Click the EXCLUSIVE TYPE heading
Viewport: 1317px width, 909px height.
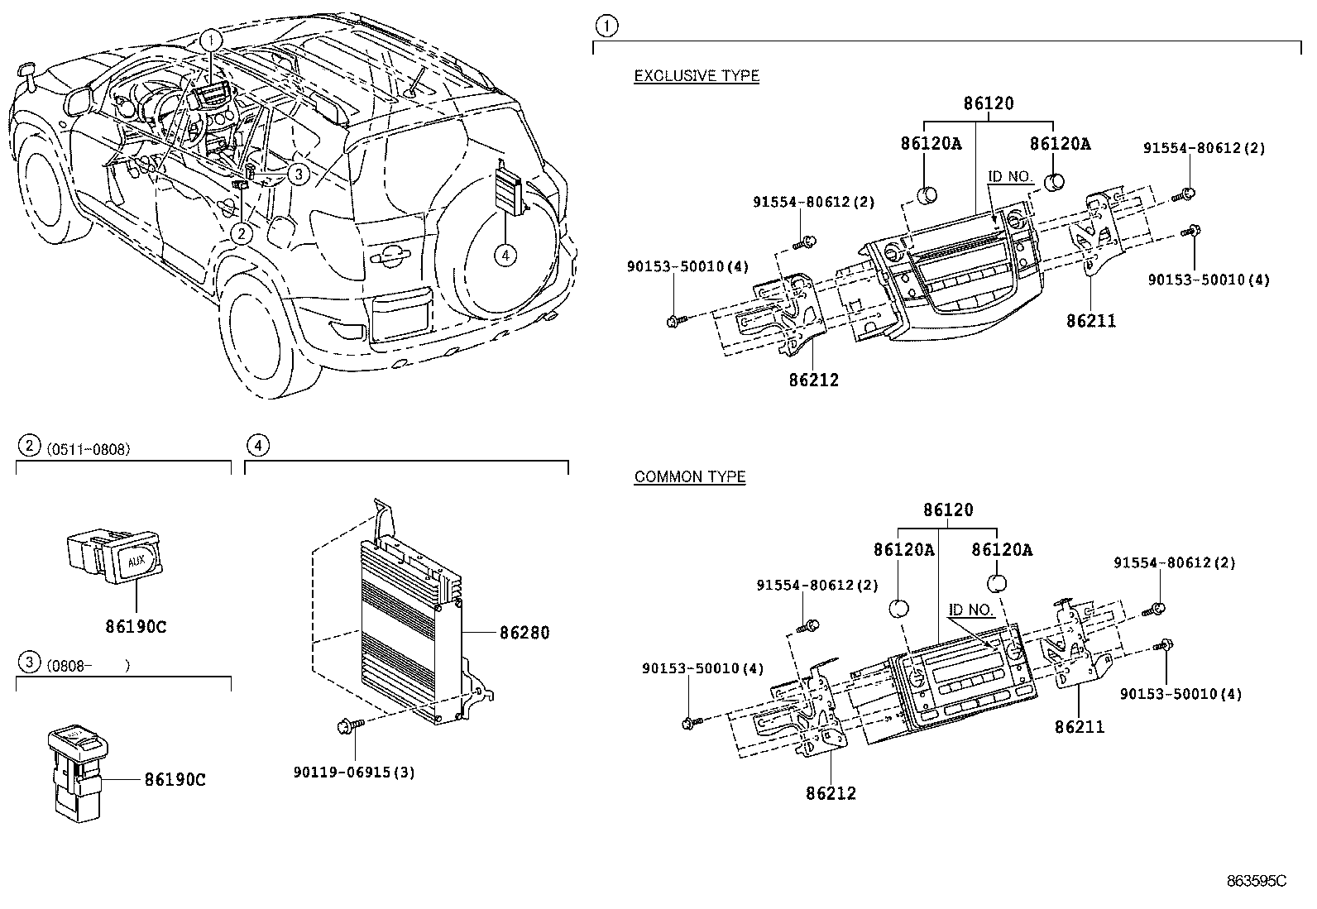pos(696,76)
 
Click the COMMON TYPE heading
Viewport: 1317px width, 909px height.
pos(689,477)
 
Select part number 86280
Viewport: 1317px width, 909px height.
pos(524,633)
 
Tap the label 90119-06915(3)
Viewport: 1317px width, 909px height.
pos(354,773)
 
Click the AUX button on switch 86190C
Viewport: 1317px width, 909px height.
pos(136,562)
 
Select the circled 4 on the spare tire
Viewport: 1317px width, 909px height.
pos(504,256)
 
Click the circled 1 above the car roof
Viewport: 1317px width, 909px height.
pos(212,39)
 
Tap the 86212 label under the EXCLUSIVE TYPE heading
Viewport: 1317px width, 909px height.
pos(813,380)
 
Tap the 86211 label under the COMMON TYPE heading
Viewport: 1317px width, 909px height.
pos(1080,727)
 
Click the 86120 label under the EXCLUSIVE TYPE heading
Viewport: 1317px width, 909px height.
pos(988,104)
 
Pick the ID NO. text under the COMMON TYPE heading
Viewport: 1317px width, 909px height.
pos(970,610)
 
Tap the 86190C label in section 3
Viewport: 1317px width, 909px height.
pos(175,779)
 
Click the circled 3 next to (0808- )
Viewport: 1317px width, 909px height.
pos(29,662)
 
